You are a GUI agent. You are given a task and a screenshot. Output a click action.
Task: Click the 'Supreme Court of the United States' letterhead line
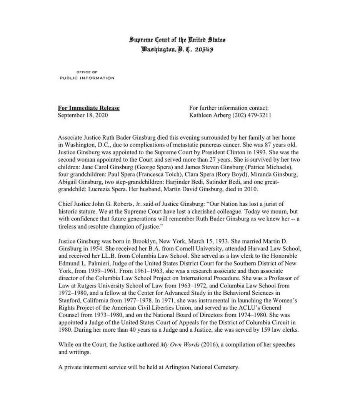tap(177, 40)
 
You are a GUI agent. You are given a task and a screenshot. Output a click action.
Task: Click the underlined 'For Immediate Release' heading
tap(88, 108)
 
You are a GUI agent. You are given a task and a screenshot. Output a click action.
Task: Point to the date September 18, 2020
tap(82, 115)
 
